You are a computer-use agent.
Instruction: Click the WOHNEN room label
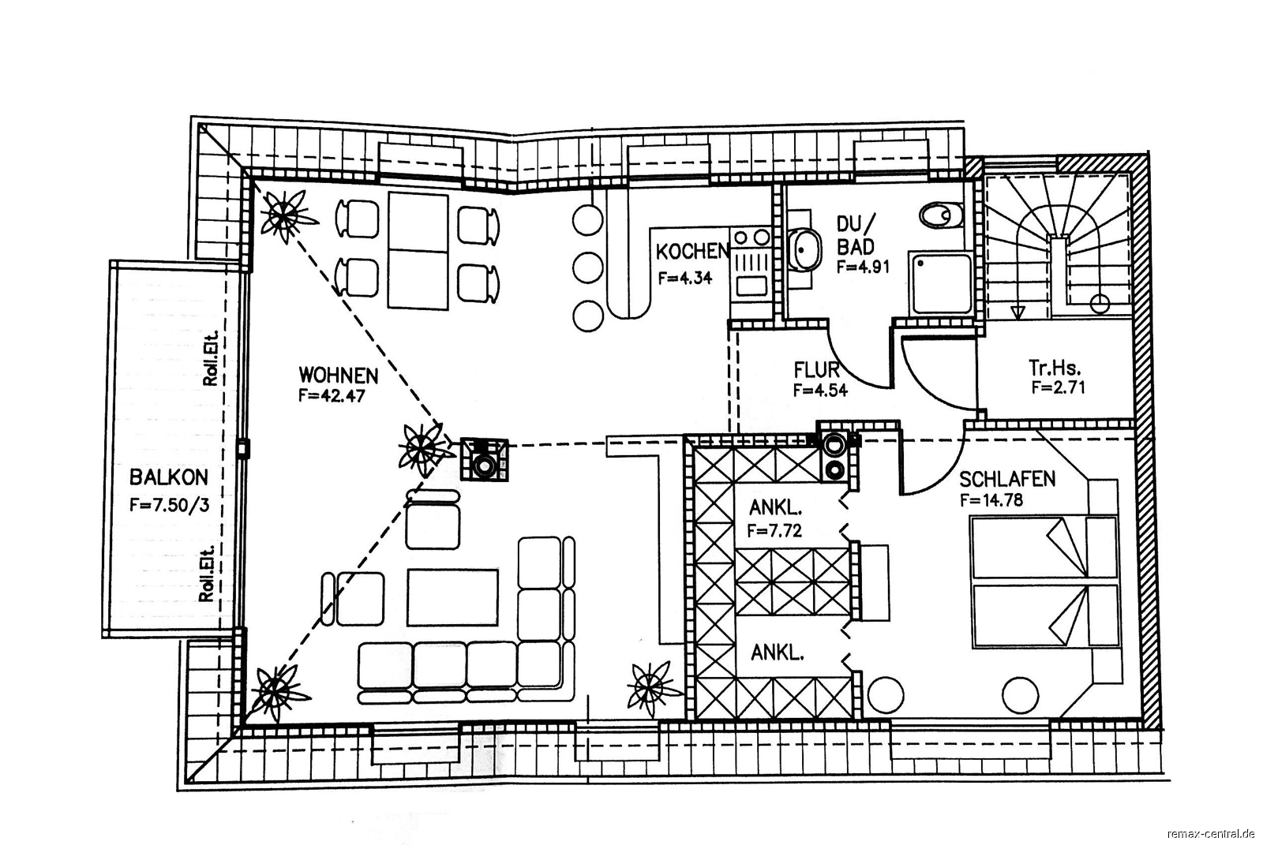[339, 376]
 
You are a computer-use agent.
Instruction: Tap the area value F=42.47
[332, 396]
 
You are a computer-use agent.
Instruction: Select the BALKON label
[169, 477]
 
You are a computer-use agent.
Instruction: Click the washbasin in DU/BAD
[804, 249]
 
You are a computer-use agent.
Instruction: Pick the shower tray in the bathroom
[940, 282]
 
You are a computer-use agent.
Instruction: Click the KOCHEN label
[691, 252]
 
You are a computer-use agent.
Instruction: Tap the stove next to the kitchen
[751, 262]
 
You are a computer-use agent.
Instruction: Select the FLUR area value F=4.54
[820, 390]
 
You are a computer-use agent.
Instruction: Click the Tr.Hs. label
[1055, 368]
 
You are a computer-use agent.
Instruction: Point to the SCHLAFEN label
[1007, 479]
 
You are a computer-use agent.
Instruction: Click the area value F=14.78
[991, 500]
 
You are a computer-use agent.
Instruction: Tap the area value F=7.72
[774, 530]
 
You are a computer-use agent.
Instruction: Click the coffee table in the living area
[452, 597]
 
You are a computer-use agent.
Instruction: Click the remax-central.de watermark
[1211, 833]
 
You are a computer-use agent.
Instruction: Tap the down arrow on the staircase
[1018, 311]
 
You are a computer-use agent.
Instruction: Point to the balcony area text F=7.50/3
[169, 504]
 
